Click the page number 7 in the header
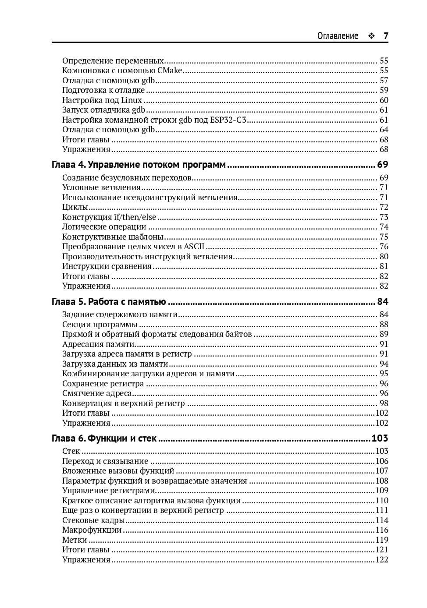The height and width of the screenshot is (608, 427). (x=386, y=36)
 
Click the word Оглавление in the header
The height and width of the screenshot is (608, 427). (x=338, y=36)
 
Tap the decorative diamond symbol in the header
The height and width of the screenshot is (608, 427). (x=371, y=36)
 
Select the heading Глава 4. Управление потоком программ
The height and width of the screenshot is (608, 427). (x=139, y=165)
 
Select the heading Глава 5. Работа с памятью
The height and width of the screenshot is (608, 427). (x=109, y=301)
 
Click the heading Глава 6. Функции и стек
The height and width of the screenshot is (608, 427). (x=104, y=438)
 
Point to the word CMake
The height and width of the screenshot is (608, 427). (x=169, y=71)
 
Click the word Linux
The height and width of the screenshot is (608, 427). (x=132, y=100)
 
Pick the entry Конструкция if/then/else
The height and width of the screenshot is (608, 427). (x=109, y=217)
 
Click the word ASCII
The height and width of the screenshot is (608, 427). (x=194, y=247)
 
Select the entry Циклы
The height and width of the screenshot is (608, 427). (x=75, y=207)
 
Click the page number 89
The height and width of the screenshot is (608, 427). (x=384, y=334)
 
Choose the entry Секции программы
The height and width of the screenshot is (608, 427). (x=100, y=325)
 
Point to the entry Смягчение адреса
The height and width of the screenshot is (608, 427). (x=97, y=393)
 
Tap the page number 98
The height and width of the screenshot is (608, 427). (x=384, y=403)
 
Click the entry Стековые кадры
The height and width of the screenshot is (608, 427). (x=93, y=520)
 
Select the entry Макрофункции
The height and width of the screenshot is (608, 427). (x=92, y=530)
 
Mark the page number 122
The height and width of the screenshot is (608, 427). (x=381, y=560)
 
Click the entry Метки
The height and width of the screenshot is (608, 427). (x=75, y=540)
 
